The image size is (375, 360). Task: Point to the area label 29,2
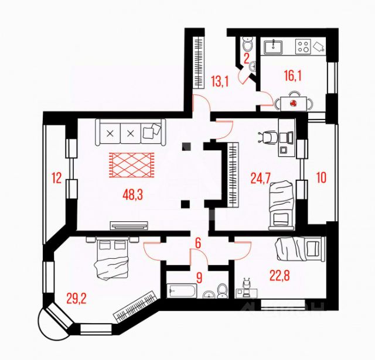77,299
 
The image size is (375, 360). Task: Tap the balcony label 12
56,177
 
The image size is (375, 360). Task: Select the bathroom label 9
199,277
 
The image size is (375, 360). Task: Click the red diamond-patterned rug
131,164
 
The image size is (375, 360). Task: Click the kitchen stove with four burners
303,46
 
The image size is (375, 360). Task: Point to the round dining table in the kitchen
293,102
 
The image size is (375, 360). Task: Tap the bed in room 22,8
297,248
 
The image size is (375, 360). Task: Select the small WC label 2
247,58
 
